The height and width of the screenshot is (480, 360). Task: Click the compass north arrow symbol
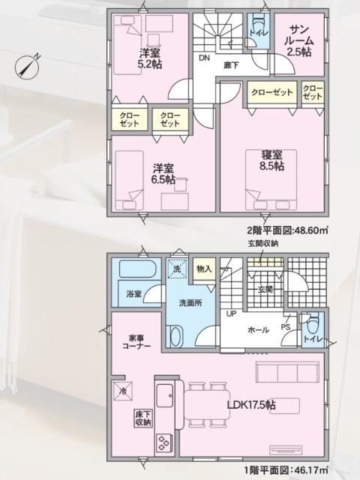pyautogui.click(x=28, y=66)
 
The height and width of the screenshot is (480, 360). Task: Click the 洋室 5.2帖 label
pyautogui.click(x=149, y=58)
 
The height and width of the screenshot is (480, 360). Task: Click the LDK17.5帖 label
pyautogui.click(x=251, y=404)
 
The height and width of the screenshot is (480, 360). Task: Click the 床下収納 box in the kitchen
pyautogui.click(x=143, y=418)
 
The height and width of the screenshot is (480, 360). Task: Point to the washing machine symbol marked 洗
pyautogui.click(x=176, y=268)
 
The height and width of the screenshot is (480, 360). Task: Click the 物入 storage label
pyautogui.click(x=204, y=268)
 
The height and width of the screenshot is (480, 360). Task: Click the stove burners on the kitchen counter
pyautogui.click(x=163, y=443)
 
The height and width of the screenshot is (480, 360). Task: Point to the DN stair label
pyautogui.click(x=204, y=57)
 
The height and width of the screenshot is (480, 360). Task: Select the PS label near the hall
pyautogui.click(x=285, y=327)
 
